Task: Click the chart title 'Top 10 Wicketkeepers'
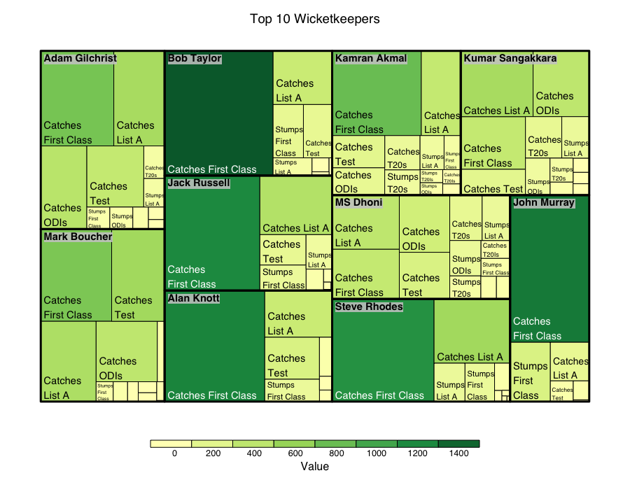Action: (x=314, y=19)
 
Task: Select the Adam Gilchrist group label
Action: (x=80, y=58)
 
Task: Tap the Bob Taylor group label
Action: (x=195, y=59)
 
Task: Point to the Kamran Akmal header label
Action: (x=371, y=58)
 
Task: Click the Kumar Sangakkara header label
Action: (x=510, y=58)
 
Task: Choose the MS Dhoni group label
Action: (x=359, y=203)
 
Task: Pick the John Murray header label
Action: (x=544, y=203)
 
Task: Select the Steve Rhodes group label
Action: (x=369, y=306)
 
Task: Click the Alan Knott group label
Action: (x=194, y=298)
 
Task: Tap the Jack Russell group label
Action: (x=199, y=183)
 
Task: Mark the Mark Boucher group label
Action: (x=78, y=237)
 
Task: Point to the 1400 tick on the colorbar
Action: (x=459, y=453)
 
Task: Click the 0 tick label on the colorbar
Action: (x=174, y=453)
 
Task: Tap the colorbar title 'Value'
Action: (x=314, y=467)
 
